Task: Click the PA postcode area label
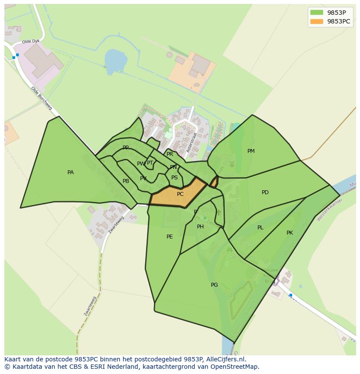click(x=70, y=172)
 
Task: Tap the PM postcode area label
click(x=251, y=151)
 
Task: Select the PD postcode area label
click(x=265, y=192)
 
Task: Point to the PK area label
click(x=290, y=233)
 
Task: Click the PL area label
click(x=260, y=228)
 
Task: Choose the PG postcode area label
click(x=214, y=285)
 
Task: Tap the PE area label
click(x=170, y=237)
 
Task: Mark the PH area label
click(x=200, y=227)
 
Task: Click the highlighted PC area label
click(x=180, y=194)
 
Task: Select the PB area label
click(x=126, y=181)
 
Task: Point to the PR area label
click(x=170, y=154)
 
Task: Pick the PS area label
click(x=174, y=178)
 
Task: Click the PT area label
click(x=150, y=163)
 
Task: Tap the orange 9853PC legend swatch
click(x=317, y=21)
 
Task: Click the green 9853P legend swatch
click(x=317, y=13)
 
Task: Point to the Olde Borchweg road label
click(x=41, y=98)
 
